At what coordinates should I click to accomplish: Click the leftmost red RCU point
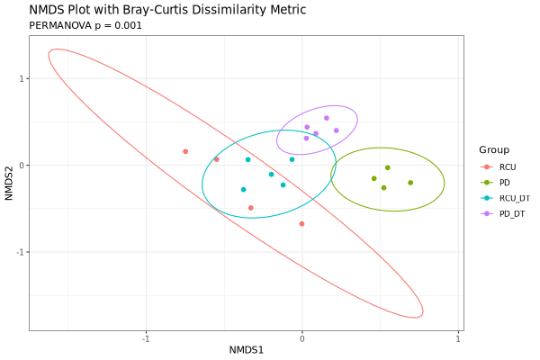185,151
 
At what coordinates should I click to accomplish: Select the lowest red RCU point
301,224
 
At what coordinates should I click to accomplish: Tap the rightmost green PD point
410,183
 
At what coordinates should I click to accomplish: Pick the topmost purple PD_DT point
327,118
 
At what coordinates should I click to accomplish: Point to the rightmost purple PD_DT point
337,130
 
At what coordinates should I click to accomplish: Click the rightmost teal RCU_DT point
292,159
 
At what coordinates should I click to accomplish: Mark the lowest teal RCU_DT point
243,190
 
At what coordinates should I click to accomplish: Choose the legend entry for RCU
508,166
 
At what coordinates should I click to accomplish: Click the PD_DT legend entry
511,213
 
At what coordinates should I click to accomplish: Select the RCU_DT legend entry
514,198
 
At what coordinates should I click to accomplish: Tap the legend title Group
494,149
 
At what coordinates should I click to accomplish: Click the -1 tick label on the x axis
146,339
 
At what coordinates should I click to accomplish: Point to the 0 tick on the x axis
302,339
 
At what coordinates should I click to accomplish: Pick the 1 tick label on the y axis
20,78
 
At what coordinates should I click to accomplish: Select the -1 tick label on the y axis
18,252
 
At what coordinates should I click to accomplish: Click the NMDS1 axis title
246,350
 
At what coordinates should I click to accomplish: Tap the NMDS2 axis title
9,181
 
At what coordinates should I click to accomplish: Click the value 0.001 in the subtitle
126,25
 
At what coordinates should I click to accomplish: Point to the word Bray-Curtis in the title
152,10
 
